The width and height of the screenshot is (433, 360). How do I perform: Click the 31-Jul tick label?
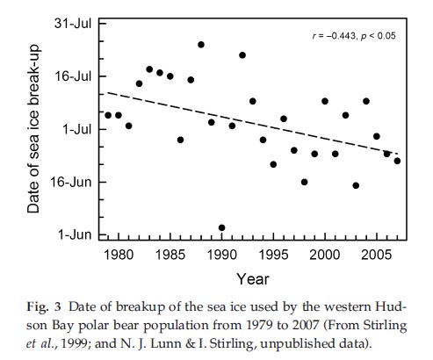(x=72, y=23)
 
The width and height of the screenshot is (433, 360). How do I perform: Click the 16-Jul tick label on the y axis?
(x=72, y=76)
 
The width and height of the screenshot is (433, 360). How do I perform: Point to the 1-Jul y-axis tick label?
(x=76, y=129)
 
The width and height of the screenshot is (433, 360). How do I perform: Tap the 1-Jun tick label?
(x=76, y=234)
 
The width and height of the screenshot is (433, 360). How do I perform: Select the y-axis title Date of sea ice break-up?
(x=32, y=128)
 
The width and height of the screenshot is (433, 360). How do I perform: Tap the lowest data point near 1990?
(x=221, y=227)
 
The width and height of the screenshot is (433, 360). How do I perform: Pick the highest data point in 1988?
(x=201, y=44)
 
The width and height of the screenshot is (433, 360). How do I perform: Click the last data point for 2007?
(x=397, y=161)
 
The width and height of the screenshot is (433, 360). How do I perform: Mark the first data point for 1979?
(x=108, y=115)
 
